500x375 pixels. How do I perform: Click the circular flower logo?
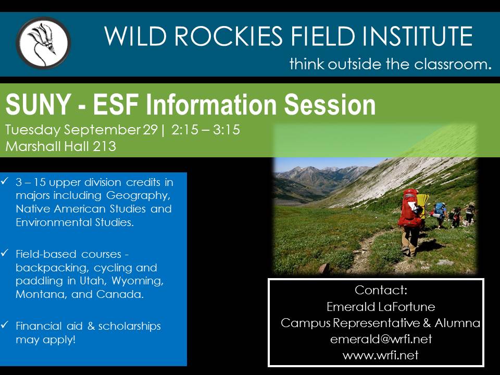point(43,43)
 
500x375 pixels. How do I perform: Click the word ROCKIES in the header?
point(229,36)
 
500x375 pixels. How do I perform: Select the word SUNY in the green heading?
point(38,104)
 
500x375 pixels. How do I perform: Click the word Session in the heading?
point(330,104)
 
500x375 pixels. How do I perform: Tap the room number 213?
point(105,146)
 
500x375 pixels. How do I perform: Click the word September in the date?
point(102,130)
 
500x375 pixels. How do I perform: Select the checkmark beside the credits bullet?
point(5,181)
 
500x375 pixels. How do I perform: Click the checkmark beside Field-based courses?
point(5,253)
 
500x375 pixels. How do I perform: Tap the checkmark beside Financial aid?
point(5,325)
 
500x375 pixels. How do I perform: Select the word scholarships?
point(130,326)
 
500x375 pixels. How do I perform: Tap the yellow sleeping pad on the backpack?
point(423,204)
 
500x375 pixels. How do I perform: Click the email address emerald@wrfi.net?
point(381,339)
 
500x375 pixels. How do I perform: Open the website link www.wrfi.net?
point(380,355)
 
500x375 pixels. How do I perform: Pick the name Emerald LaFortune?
point(381,307)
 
